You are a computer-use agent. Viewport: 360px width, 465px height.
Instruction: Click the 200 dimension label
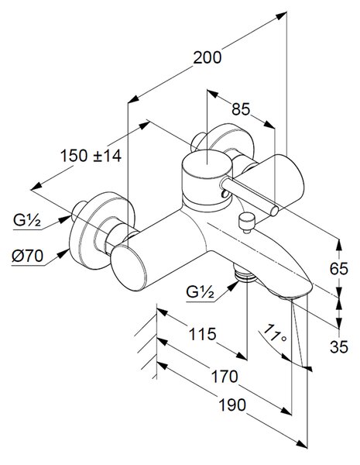click(207, 57)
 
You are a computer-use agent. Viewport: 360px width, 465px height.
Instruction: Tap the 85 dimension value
click(241, 109)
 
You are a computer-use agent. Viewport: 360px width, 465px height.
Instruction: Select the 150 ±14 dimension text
click(91, 156)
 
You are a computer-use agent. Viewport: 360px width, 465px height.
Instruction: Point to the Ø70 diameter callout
click(27, 256)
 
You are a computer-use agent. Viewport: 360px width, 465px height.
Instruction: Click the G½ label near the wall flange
click(26, 220)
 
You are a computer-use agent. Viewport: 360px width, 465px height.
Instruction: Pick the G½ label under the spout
click(200, 292)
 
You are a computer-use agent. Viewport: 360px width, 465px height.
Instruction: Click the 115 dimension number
click(203, 334)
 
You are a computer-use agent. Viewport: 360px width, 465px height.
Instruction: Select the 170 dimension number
click(225, 377)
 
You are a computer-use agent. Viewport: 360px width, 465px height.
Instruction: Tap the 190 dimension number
click(232, 405)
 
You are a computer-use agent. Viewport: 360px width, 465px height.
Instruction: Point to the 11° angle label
click(274, 332)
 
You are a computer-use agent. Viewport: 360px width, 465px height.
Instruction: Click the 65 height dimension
click(339, 269)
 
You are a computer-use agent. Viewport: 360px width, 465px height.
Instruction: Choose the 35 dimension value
click(339, 347)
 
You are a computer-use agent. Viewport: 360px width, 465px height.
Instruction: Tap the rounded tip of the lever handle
click(274, 210)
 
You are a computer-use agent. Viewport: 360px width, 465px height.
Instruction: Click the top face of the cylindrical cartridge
click(207, 164)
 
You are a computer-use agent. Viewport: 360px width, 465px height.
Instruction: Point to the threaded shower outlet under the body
click(245, 274)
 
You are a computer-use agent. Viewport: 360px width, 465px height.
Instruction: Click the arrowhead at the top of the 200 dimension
click(281, 15)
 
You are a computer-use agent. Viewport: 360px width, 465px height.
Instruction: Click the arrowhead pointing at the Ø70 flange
click(63, 254)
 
